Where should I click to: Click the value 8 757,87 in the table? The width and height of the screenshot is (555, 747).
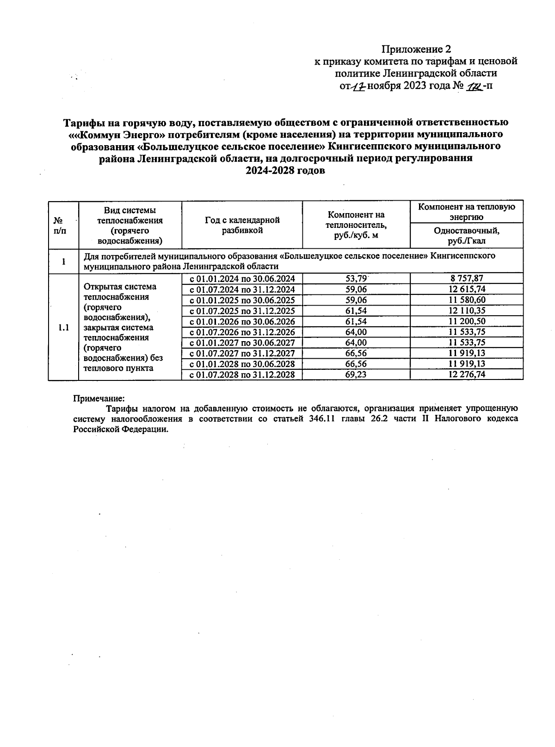[x=467, y=278]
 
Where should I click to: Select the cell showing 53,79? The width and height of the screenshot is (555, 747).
[x=356, y=278]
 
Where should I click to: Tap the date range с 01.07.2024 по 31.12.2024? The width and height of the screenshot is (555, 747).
[x=242, y=289]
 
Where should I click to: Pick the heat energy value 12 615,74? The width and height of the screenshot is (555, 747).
[x=467, y=289]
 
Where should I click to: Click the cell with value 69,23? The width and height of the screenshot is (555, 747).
[x=356, y=374]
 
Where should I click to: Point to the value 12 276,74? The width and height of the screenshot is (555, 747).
[x=467, y=374]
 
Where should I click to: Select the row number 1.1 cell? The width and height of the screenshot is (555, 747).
[x=63, y=327]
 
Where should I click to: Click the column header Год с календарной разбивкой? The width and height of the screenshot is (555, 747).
[x=242, y=225]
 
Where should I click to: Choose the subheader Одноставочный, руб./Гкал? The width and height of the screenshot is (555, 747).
[x=467, y=235]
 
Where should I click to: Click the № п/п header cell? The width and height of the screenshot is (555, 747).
[x=59, y=225]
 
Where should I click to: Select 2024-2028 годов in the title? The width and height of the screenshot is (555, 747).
[x=285, y=171]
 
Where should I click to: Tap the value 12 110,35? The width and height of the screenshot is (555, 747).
[x=467, y=311]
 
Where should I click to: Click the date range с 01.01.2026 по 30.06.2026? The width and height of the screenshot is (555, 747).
[x=242, y=321]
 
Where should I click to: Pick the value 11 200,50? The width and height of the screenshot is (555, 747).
[x=467, y=321]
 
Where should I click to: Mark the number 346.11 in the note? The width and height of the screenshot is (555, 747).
[x=321, y=418]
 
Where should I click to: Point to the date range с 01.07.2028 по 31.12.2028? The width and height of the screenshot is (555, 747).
[x=242, y=374]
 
